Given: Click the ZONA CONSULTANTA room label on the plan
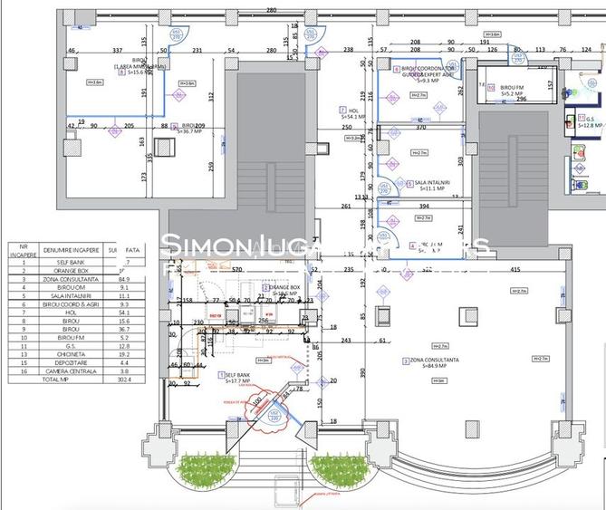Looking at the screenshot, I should point(433,361).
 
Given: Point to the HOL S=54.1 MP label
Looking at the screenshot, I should point(351,113).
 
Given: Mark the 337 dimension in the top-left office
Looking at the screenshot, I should point(117,51).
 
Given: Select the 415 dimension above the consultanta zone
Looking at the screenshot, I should point(515,270).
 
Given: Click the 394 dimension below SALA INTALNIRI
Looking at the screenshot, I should point(423,207).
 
